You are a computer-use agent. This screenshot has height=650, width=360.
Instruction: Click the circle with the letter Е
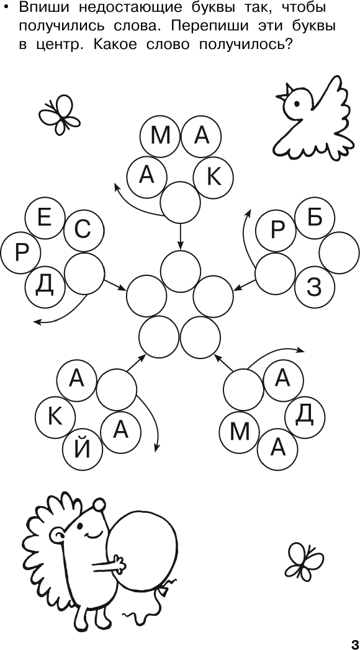[x=45, y=218]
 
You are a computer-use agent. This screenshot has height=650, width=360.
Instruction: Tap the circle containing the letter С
[x=83, y=231]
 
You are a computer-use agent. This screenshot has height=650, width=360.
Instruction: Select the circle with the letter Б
[x=315, y=218]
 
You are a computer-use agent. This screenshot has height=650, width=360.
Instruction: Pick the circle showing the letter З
[x=315, y=287]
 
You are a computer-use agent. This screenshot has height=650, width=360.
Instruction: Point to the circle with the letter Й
[x=82, y=450]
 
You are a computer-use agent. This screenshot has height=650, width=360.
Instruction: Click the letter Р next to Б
[x=277, y=231]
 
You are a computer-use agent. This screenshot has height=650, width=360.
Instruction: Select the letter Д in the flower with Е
[x=44, y=286]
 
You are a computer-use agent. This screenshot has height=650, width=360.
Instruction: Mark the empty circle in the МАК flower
[x=180, y=202]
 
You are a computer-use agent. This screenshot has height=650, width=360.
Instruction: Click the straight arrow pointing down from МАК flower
[x=180, y=236]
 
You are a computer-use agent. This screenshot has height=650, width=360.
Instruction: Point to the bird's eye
[x=297, y=103]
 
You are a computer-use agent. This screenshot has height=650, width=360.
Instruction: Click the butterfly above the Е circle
[x=60, y=114]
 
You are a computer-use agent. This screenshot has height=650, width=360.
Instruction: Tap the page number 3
[x=355, y=641]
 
